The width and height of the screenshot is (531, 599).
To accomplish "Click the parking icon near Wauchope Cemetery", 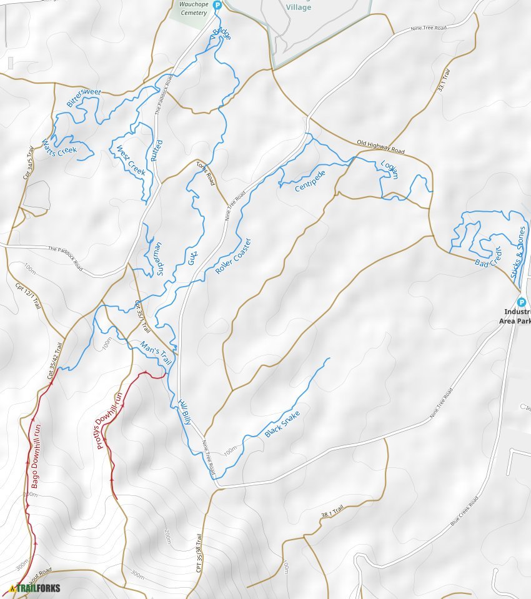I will tap(217, 6).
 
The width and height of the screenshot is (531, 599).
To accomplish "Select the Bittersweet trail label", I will tap(84, 97).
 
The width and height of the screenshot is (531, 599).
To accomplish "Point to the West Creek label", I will tap(131, 160).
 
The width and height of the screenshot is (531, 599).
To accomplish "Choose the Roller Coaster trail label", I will tap(233, 256).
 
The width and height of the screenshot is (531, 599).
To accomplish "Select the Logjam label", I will tap(390, 170).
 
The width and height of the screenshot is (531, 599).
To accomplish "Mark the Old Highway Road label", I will tap(380, 147).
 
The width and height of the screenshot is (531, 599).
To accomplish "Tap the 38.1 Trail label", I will tap(332, 512).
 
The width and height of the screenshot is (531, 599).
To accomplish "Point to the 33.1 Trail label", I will tap(443, 80).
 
